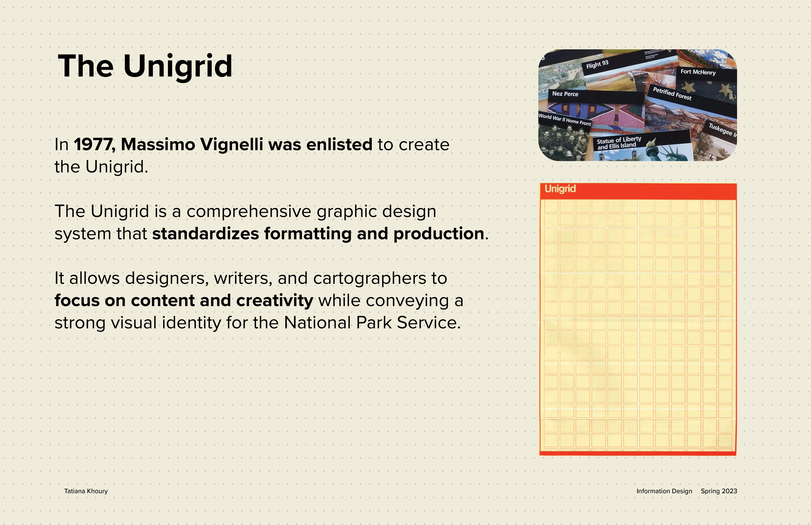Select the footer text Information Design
(664, 491)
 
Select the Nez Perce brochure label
(565, 94)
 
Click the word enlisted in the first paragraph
(339, 145)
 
